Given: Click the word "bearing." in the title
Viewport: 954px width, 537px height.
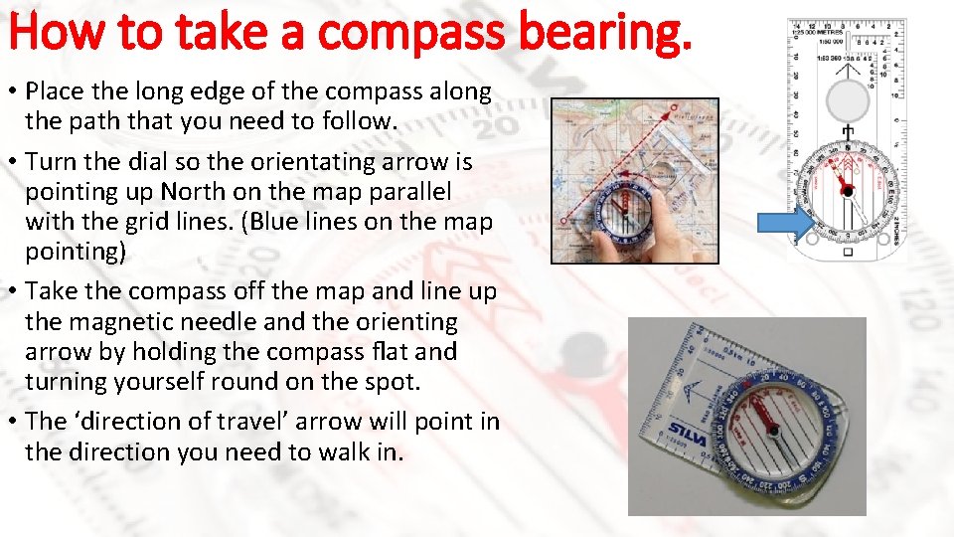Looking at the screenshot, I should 610,33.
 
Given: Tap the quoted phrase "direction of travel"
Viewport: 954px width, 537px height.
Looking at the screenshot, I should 195,422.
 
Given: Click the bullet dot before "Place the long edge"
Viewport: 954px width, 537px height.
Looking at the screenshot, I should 13,92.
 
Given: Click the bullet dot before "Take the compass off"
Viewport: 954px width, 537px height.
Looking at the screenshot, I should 13,293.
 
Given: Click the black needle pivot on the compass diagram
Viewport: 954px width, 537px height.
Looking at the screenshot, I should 846,188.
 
